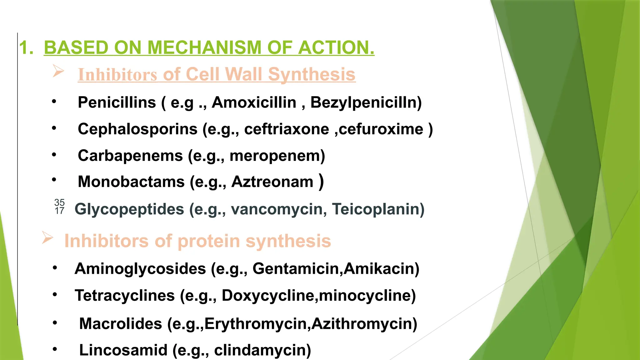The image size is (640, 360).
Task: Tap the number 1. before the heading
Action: [26, 48]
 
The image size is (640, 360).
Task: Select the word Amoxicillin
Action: [254, 102]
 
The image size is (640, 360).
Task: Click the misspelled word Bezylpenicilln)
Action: [366, 102]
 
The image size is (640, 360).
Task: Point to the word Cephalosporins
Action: [137, 129]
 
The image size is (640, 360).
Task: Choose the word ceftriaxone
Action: [287, 129]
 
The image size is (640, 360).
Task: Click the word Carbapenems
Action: [130, 156]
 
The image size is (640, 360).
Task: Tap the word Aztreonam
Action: [272, 182]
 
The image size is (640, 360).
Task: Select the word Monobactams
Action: [131, 182]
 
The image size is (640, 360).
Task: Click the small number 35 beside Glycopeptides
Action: [59, 202]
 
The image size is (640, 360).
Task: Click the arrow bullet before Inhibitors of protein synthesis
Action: [47, 238]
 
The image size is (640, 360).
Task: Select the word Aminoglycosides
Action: [140, 269]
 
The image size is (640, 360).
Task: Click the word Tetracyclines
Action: [125, 296]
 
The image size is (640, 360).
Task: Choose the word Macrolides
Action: [121, 324]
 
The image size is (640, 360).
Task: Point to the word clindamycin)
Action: [262, 350]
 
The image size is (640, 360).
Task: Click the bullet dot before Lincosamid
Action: [55, 349]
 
